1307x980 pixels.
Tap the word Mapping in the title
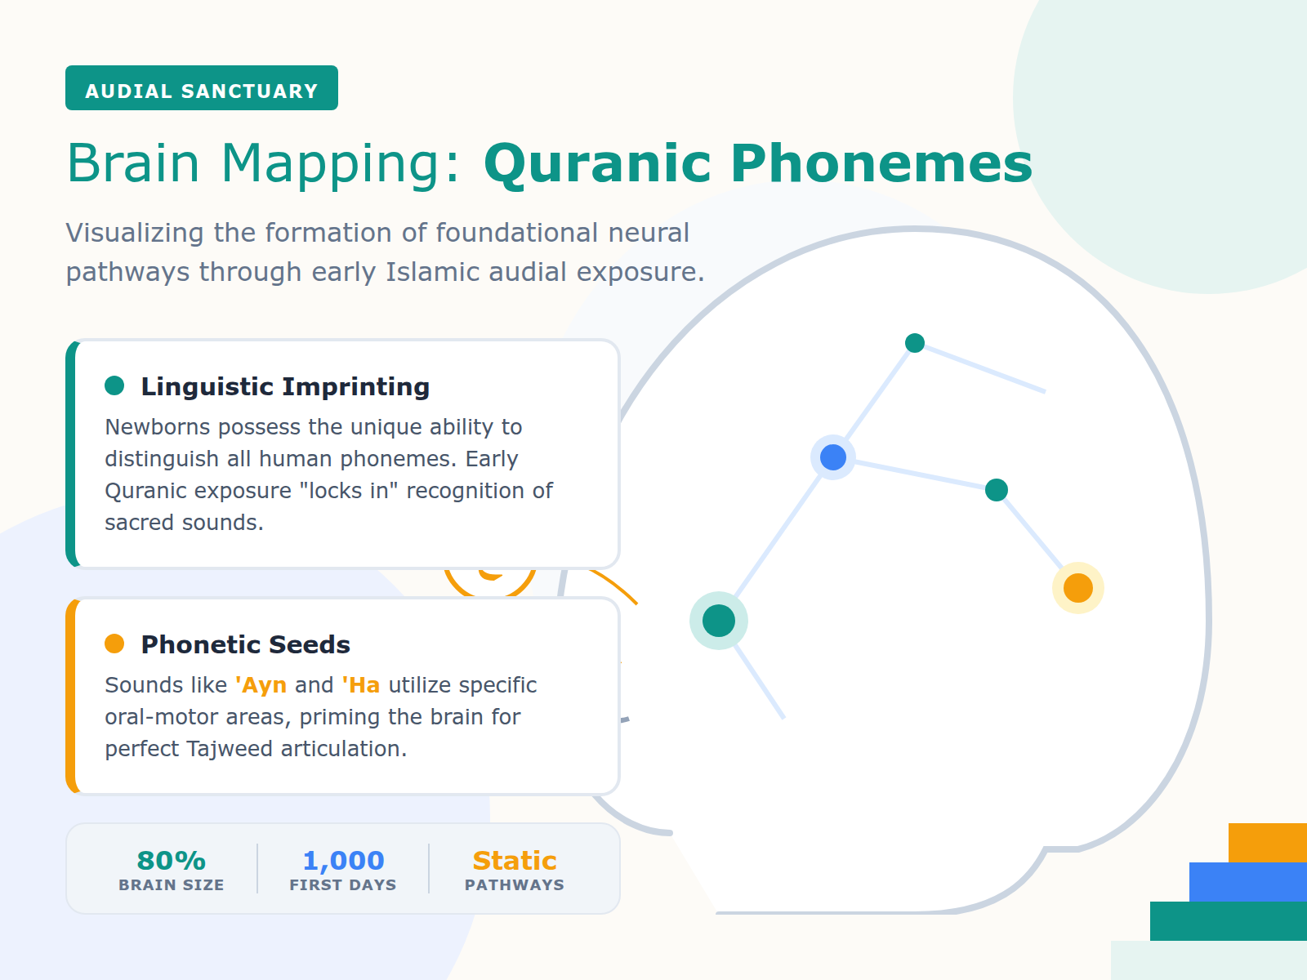pos(332,163)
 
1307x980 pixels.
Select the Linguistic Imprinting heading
pos(285,386)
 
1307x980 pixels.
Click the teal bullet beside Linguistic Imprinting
pos(114,385)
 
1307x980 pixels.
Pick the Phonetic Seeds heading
pos(245,644)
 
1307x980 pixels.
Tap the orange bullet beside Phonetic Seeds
pos(114,644)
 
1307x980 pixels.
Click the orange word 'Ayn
pos(261,684)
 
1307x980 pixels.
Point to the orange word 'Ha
pos(360,684)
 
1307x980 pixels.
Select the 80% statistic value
pos(171,861)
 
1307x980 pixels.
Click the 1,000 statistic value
pos(343,861)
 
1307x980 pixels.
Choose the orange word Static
pos(515,861)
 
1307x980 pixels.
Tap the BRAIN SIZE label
pos(171,884)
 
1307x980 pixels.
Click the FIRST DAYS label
pos(343,884)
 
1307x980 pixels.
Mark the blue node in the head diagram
pos(833,457)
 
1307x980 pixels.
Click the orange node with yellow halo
pos(1078,588)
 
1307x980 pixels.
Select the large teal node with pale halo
pos(719,621)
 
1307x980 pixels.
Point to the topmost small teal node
pos(915,343)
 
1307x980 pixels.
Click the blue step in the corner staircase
pos(1248,882)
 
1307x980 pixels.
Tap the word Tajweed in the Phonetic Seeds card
pos(230,748)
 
